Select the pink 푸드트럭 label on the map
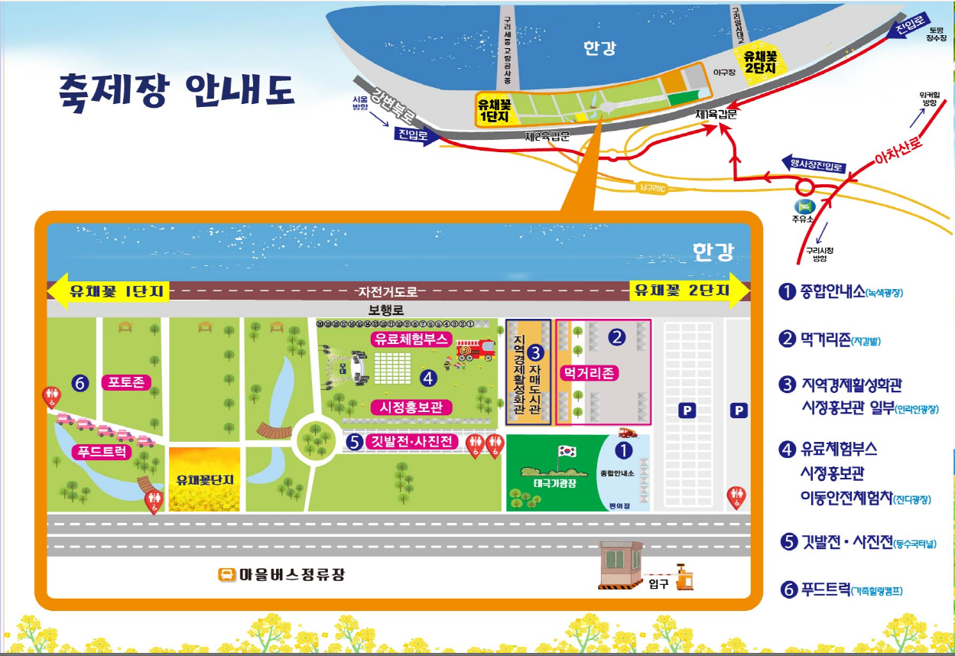click(x=102, y=452)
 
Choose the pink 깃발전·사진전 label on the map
click(x=411, y=441)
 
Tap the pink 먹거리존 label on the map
click(x=589, y=373)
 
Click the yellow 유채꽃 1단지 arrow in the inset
click(x=108, y=291)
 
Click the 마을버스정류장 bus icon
click(x=226, y=575)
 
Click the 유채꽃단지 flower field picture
click(x=203, y=479)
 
